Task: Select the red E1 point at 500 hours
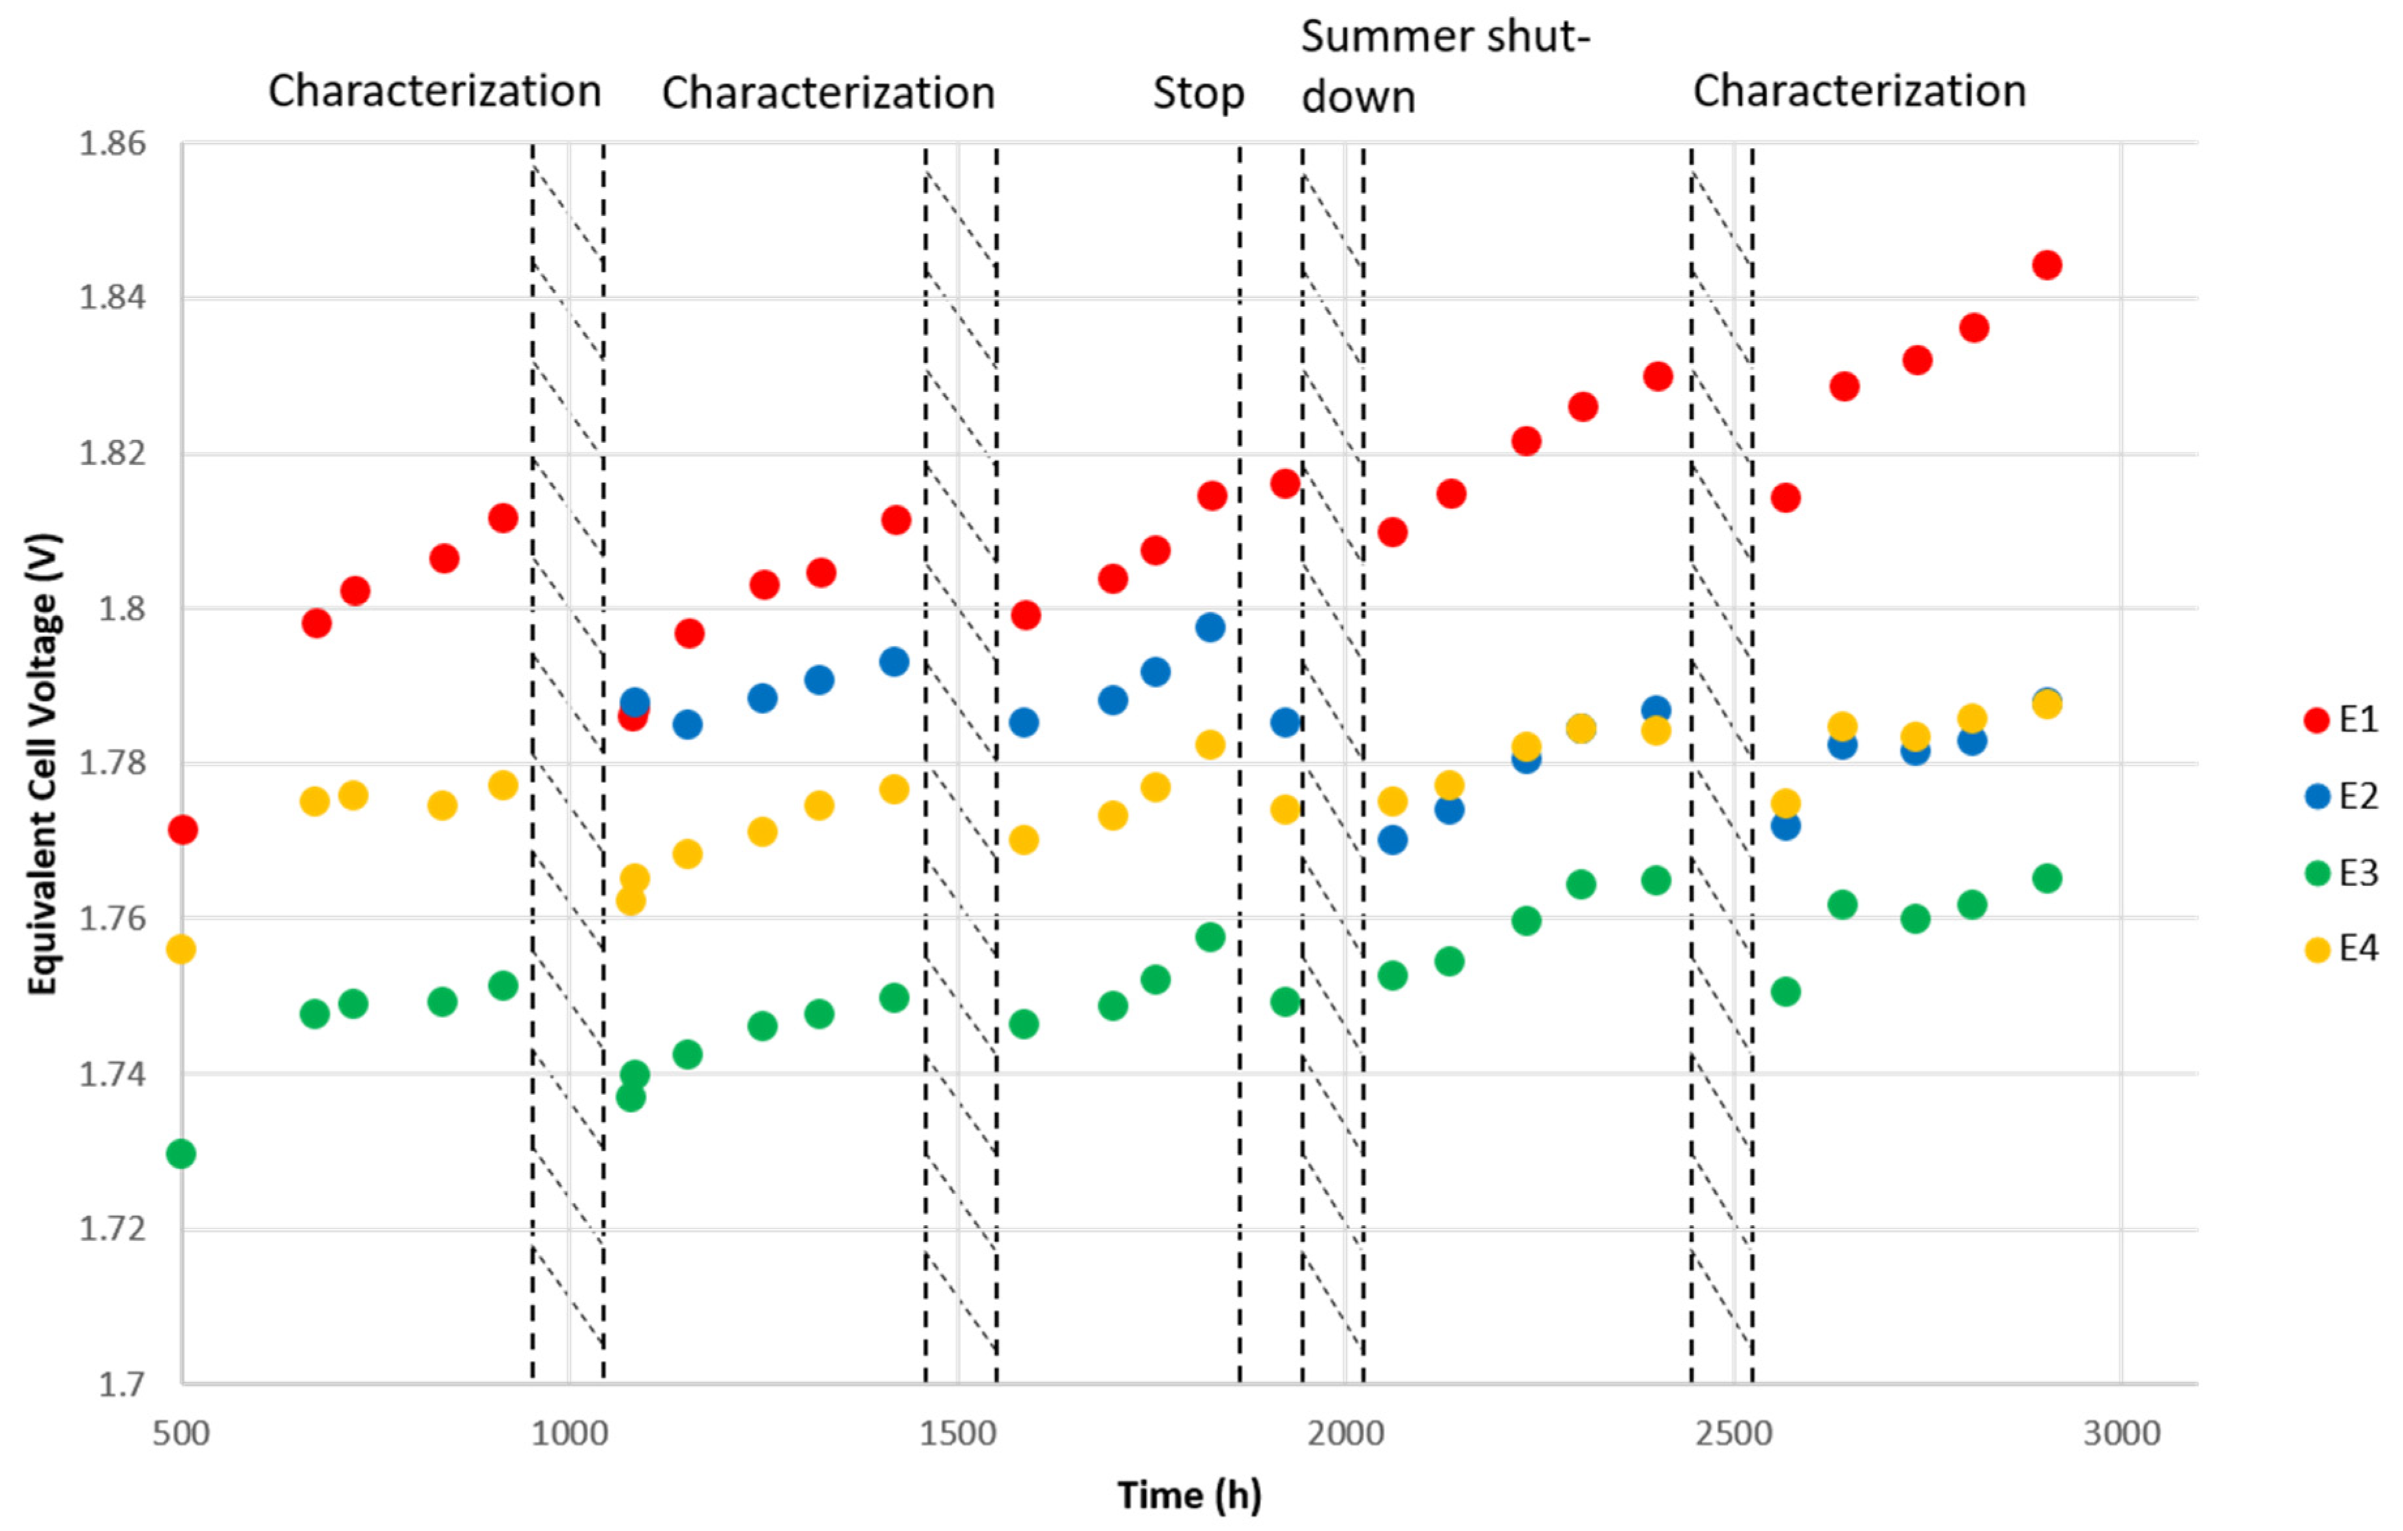(183, 829)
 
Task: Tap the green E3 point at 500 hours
(181, 1153)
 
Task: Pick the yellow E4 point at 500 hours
(181, 949)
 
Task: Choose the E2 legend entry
(2341, 796)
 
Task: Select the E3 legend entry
(2341, 873)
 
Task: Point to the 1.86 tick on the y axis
(113, 143)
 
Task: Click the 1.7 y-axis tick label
(122, 1384)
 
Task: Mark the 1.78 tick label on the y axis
(113, 764)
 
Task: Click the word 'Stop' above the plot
(1199, 93)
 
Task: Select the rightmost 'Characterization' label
(1859, 91)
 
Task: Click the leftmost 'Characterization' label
(434, 91)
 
